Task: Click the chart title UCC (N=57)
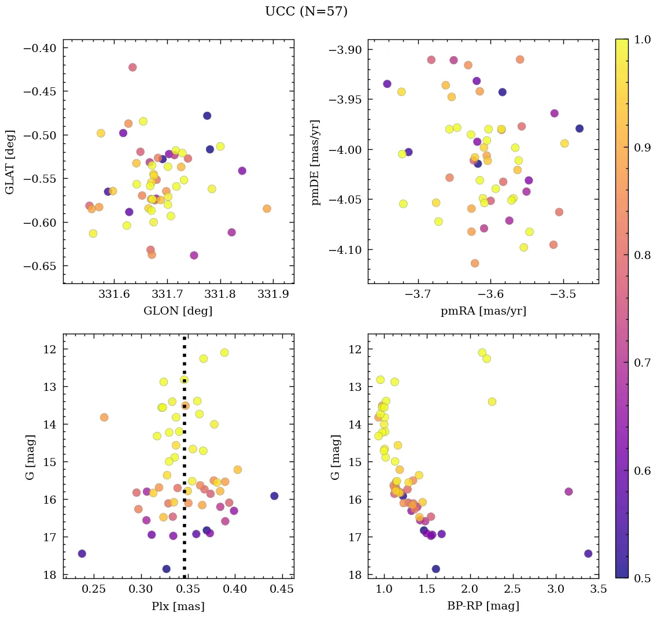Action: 306,12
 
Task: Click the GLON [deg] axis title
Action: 178,311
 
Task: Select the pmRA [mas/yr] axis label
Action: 483,311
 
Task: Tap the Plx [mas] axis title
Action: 178,606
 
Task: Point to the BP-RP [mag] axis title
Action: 483,606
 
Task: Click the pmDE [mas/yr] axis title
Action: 316,162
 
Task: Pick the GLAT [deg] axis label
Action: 10,162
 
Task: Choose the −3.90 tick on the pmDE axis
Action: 346,50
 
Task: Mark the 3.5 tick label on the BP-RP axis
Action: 599,590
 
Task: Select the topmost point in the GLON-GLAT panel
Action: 132,67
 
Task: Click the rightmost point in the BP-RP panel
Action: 588,553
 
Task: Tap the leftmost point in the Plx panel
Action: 82,553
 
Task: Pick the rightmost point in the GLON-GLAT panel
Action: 267,208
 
